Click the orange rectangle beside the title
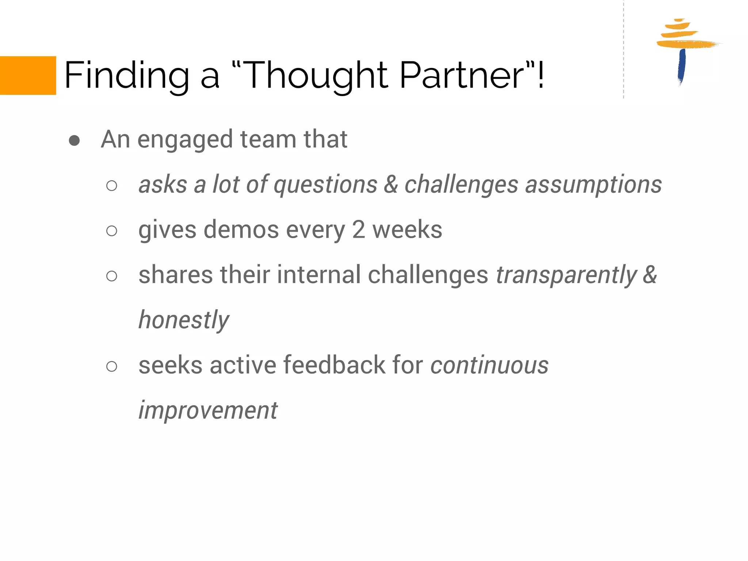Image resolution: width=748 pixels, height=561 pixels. click(28, 75)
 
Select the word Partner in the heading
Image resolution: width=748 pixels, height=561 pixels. click(462, 75)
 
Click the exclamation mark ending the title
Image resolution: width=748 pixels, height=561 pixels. click(541, 75)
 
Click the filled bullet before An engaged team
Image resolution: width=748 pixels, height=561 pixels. click(74, 141)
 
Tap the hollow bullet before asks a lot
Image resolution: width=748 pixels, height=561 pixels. click(112, 186)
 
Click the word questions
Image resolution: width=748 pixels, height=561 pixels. click(325, 185)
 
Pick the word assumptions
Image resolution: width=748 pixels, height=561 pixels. click(593, 185)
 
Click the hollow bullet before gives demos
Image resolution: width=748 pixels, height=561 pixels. click(112, 231)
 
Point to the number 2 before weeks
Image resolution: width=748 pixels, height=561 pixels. click(358, 230)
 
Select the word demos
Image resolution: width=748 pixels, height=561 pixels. click(241, 230)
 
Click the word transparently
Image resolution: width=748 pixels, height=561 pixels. click(566, 275)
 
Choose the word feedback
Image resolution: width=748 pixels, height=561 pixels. click(334, 365)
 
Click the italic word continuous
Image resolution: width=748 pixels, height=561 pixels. click(489, 365)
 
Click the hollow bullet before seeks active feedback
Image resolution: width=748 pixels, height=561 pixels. click(112, 366)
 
